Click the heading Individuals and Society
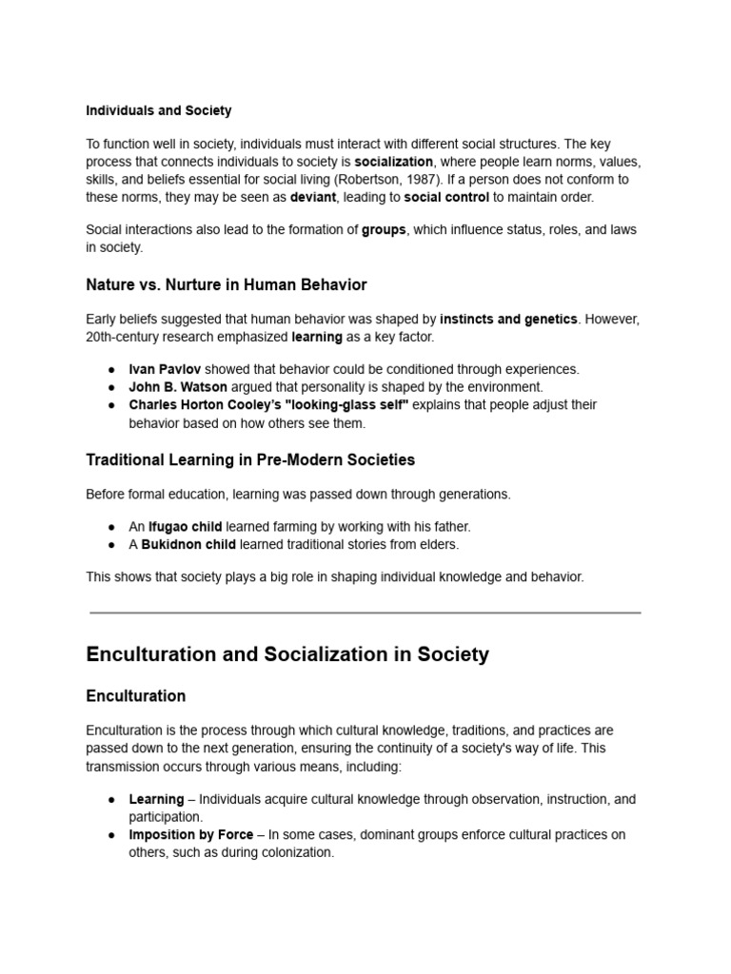coord(159,111)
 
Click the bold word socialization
coord(393,162)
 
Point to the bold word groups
coord(384,230)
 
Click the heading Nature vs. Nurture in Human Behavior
coord(227,284)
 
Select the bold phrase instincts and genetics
coord(508,320)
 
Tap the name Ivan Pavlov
coord(165,369)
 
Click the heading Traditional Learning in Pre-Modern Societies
coord(250,459)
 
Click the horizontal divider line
coord(365,614)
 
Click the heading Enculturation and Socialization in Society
coord(287,654)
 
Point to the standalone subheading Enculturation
coord(136,696)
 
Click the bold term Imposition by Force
coord(191,835)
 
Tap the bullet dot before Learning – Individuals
coord(110,800)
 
